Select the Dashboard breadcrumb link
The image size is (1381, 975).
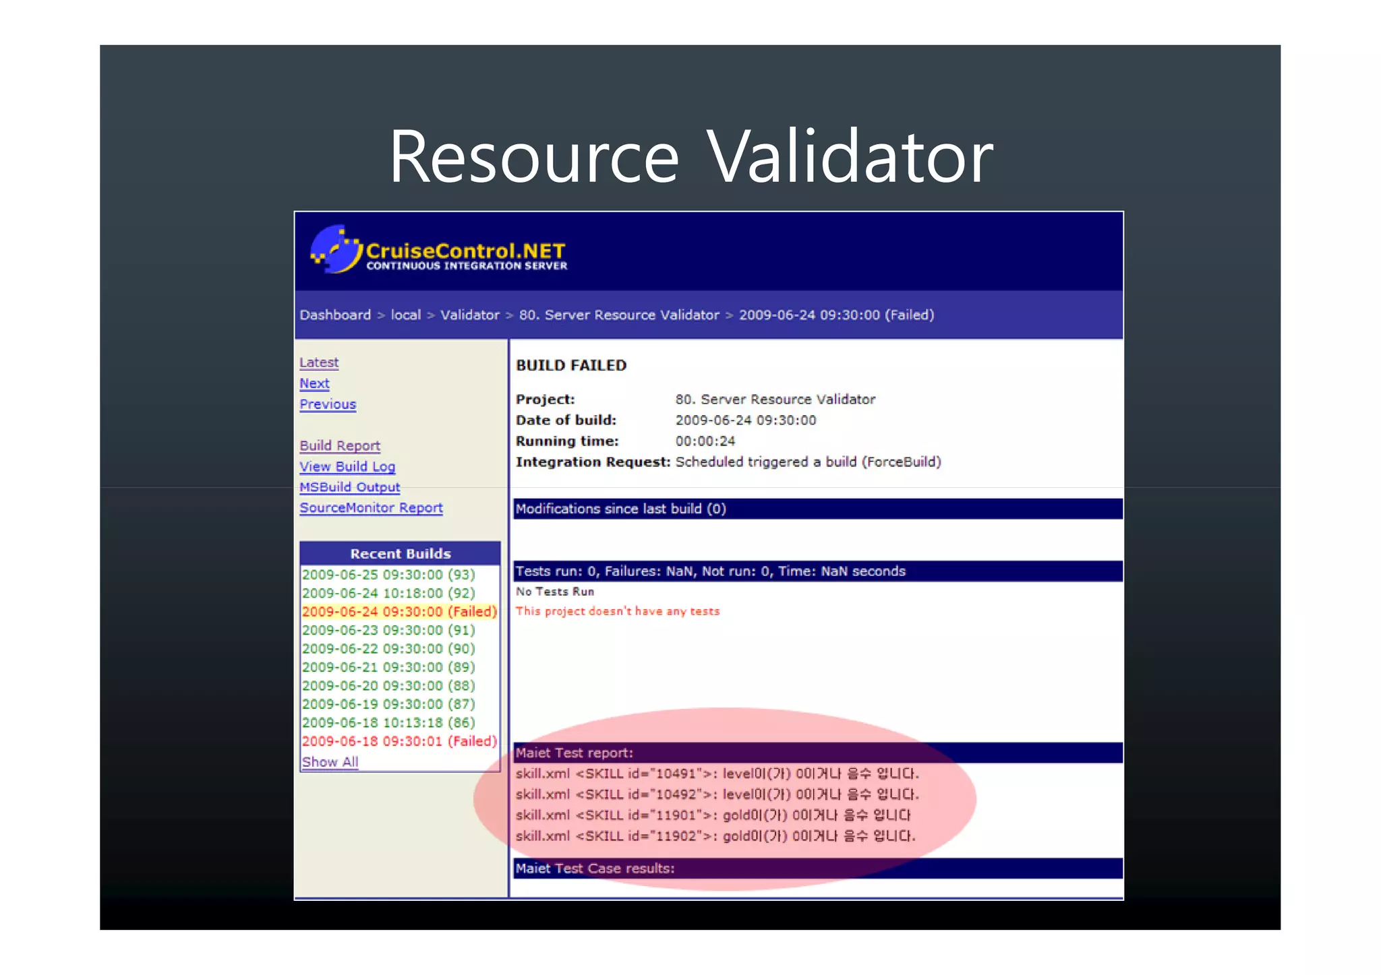335,315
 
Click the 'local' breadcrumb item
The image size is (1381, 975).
405,315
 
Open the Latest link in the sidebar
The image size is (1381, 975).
319,363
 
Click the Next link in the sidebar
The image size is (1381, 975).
314,383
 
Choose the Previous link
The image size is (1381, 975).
328,404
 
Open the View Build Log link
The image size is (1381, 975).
347,466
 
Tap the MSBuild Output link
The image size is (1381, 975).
349,487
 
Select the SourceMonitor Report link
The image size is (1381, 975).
371,508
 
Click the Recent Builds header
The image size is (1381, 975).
400,553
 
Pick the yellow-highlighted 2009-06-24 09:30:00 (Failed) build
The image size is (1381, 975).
399,612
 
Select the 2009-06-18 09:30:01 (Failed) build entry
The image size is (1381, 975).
399,741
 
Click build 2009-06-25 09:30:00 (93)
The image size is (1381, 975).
388,575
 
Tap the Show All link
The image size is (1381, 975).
330,762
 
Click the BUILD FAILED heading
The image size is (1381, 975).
571,365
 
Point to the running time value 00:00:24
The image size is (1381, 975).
705,441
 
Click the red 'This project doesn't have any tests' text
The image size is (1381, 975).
617,611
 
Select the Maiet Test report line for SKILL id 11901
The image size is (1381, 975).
713,815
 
